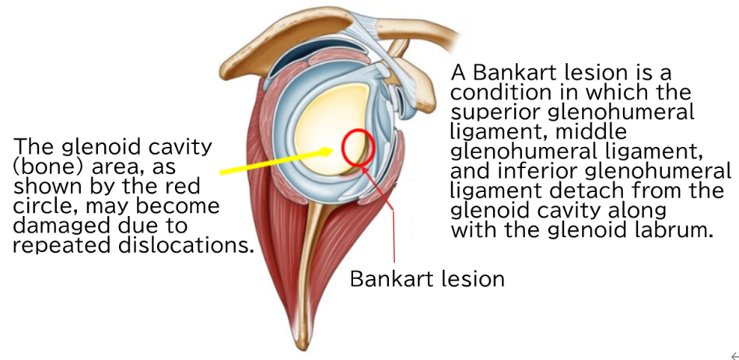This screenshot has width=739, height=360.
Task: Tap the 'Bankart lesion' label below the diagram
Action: click(x=427, y=278)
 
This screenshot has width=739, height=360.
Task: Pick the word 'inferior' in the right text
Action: click(x=528, y=171)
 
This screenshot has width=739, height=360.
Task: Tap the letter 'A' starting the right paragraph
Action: click(x=459, y=74)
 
